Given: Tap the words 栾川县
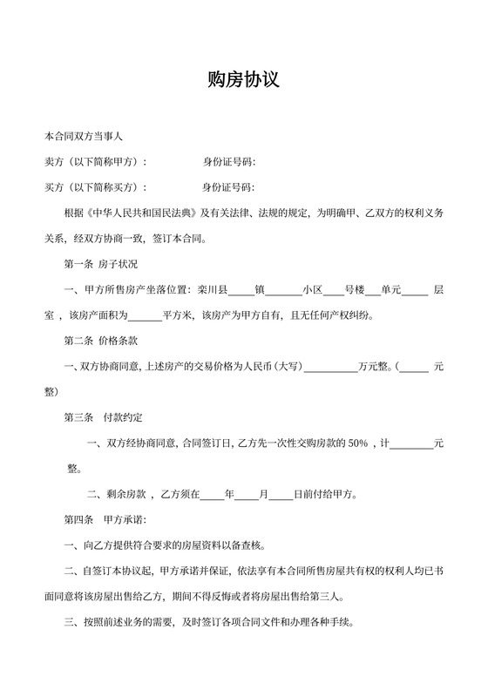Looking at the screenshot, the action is pos(212,289).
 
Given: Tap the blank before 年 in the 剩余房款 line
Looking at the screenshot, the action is pos(212,494).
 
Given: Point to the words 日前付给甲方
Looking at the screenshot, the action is pos(325,494).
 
